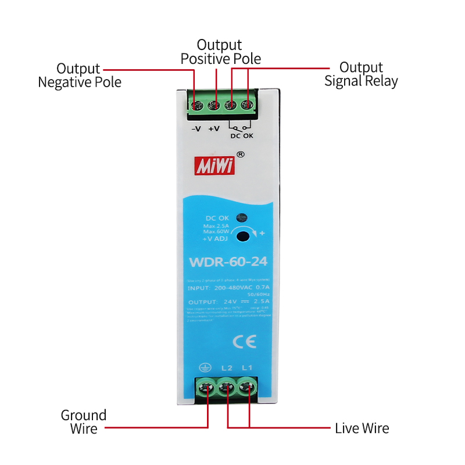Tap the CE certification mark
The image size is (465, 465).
pos(240,341)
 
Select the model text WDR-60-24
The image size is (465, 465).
pos(228,262)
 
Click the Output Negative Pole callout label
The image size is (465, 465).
pos(80,76)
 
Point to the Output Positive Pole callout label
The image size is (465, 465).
pos(220,52)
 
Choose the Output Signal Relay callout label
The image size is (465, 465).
pos(361,74)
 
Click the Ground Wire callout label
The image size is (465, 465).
pos(84,422)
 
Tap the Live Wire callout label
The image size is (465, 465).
pos(362,429)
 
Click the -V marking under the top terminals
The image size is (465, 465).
pos(196,128)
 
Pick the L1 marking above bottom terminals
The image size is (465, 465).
pos(247,367)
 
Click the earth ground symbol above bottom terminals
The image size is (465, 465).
pos(204,367)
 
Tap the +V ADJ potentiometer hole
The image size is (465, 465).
pos(245,235)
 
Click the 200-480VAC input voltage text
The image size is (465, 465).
pos(235,287)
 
